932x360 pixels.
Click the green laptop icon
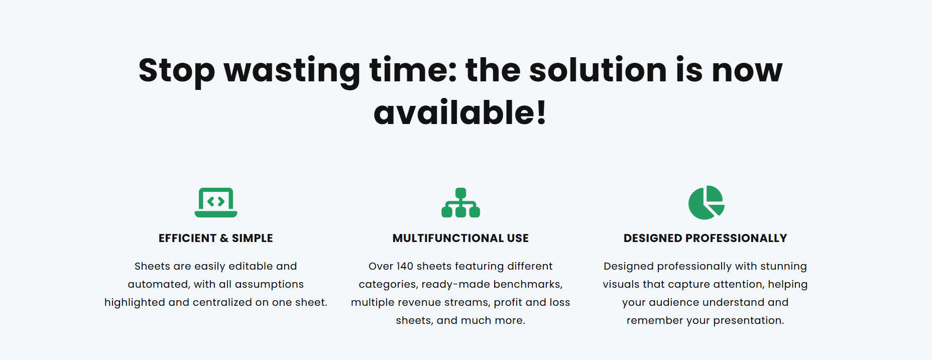pyautogui.click(x=216, y=202)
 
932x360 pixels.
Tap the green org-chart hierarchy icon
pyautogui.click(x=460, y=202)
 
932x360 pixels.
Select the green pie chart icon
pyautogui.click(x=706, y=202)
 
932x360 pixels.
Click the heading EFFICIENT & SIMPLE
pyautogui.click(x=216, y=238)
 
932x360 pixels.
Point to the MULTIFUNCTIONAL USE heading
pyautogui.click(x=460, y=238)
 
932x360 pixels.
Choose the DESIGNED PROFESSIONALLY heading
pyautogui.click(x=706, y=238)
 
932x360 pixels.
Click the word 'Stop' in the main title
pyautogui.click(x=177, y=71)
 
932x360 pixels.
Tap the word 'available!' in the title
pyautogui.click(x=460, y=112)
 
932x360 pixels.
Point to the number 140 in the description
pyautogui.click(x=405, y=266)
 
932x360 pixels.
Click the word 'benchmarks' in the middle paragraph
pyautogui.click(x=528, y=284)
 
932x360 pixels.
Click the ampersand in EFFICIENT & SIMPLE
pyautogui.click(x=224, y=238)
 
